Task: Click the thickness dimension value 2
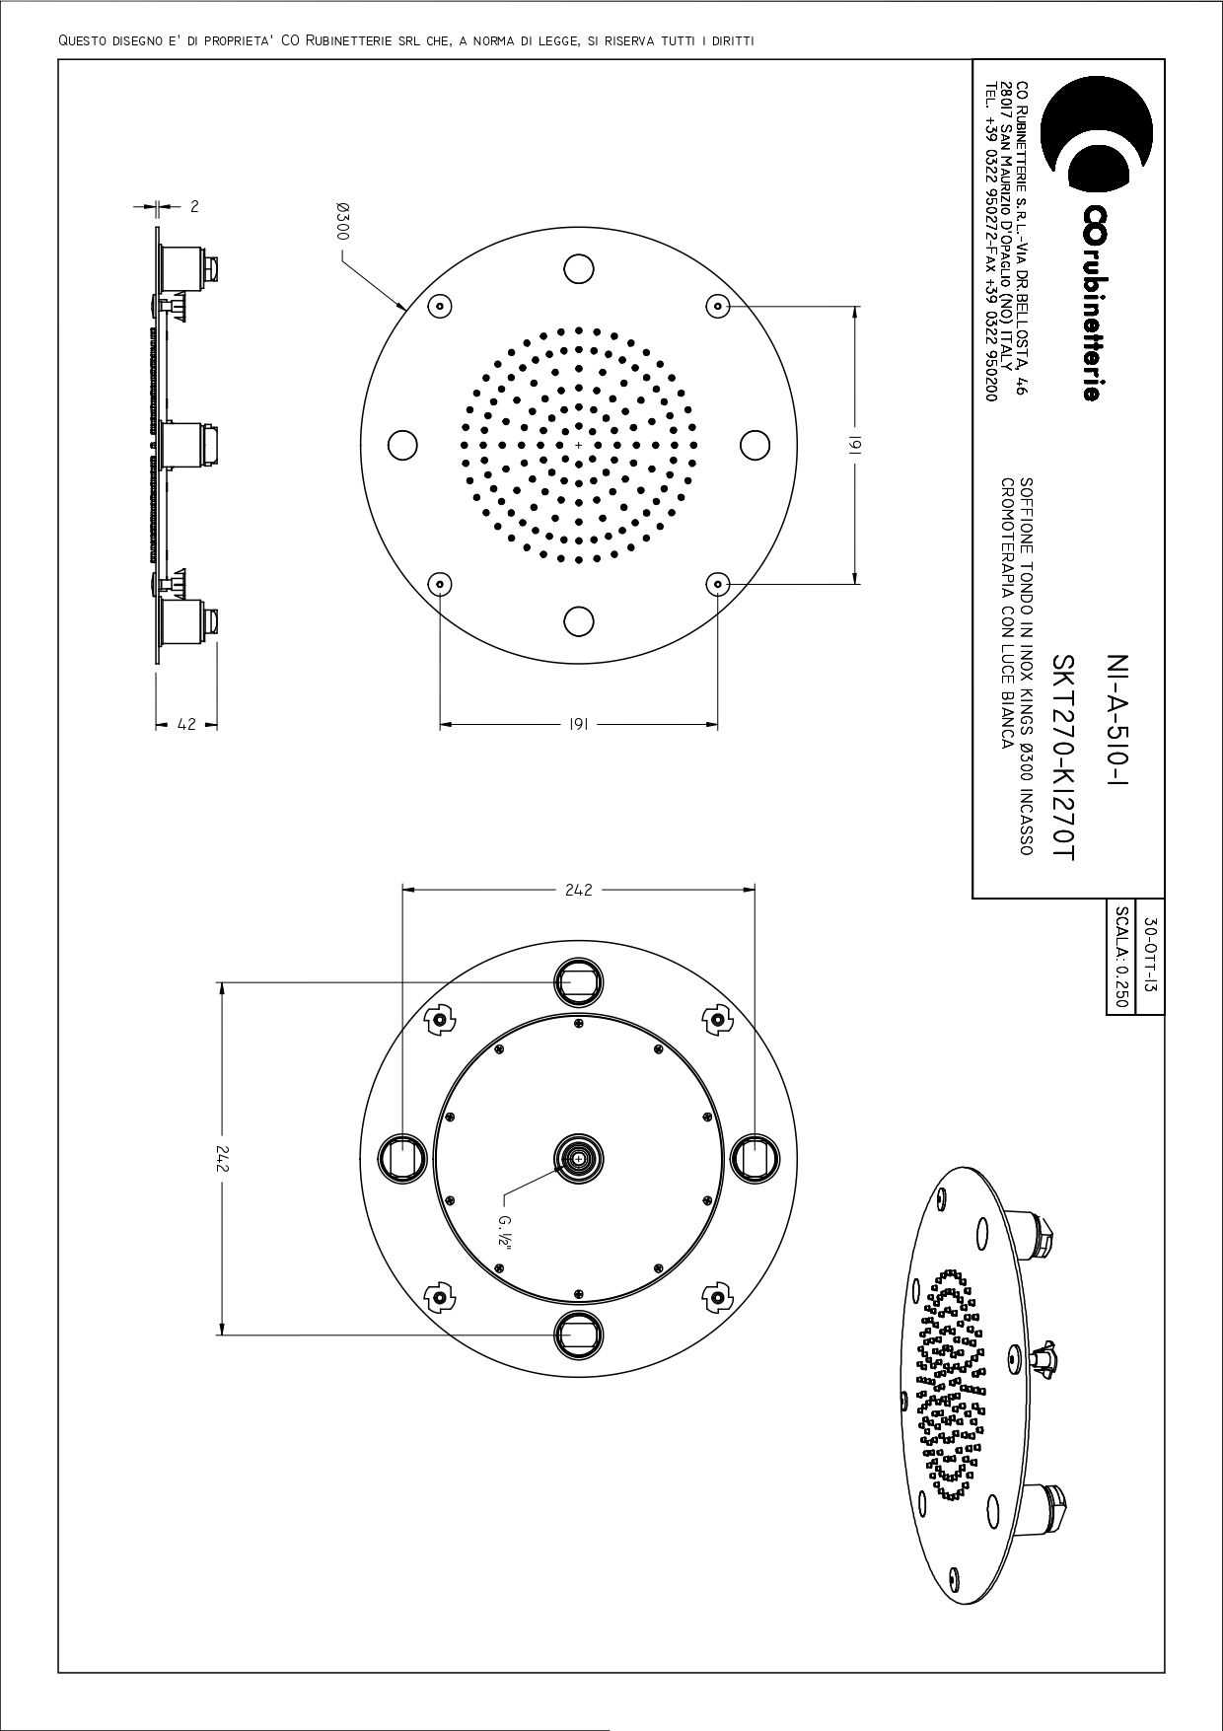tap(194, 206)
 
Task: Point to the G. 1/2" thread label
tap(504, 1233)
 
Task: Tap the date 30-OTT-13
tap(1150, 956)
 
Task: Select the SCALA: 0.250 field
tap(1120, 956)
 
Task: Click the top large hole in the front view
tap(579, 268)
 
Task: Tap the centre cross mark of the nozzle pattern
tap(579, 445)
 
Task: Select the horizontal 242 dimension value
tap(579, 890)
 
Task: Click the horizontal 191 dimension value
tap(579, 725)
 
